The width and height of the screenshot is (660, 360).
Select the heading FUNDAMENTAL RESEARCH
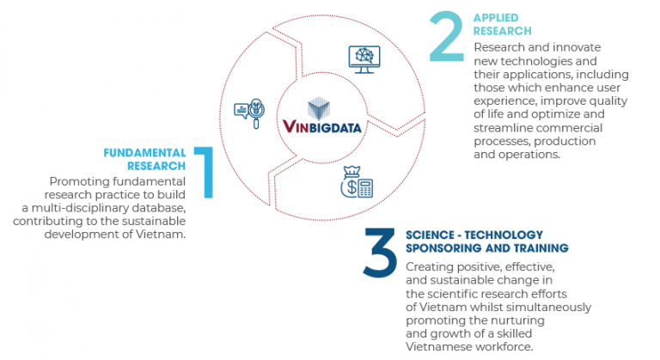[x=144, y=159]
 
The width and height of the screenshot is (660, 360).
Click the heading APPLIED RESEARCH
[x=502, y=24]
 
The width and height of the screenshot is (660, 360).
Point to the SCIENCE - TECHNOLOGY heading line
[x=474, y=235]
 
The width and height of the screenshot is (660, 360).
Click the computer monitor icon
[x=364, y=58]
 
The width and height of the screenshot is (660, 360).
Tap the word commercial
[x=568, y=127]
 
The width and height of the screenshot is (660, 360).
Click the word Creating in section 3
[x=428, y=266]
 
